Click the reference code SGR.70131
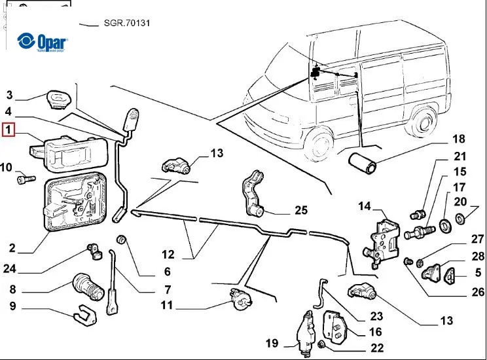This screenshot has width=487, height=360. (x=127, y=24)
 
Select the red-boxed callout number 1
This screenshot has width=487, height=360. (x=9, y=130)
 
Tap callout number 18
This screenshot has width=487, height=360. (x=458, y=139)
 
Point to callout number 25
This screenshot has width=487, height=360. (x=300, y=210)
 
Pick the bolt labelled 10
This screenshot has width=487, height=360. (x=25, y=178)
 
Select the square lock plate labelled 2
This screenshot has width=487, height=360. (x=74, y=201)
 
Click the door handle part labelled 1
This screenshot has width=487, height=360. (x=62, y=150)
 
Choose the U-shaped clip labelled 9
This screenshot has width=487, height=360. (x=83, y=316)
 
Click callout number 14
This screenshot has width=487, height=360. (x=365, y=207)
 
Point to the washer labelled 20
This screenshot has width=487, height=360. (x=459, y=216)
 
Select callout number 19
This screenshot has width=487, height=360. (x=272, y=343)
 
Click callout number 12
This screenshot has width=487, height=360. (x=168, y=254)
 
